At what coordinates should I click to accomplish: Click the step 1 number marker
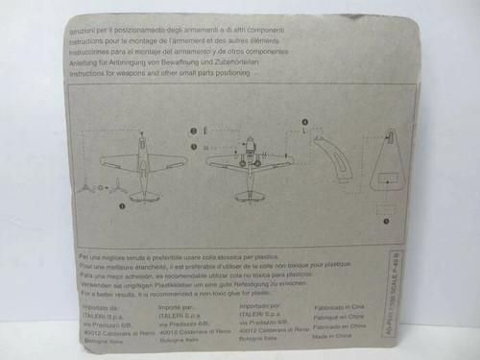click(x=123, y=204)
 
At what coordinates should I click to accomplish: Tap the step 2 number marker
click(x=192, y=131)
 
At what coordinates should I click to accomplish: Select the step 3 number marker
click(x=192, y=144)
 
